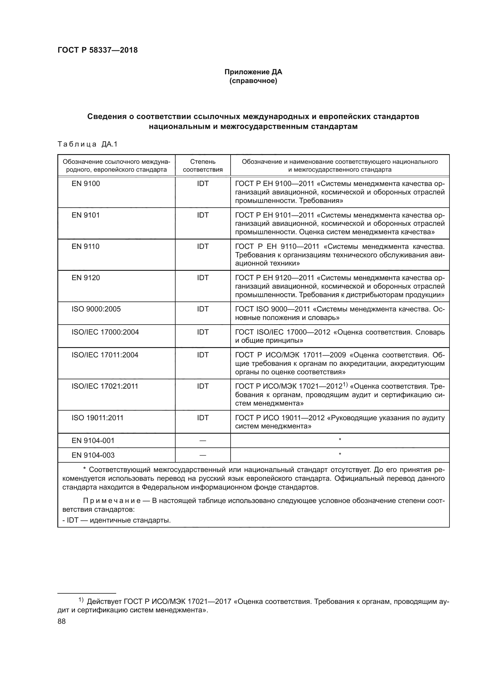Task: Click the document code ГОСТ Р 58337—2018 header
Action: (x=97, y=50)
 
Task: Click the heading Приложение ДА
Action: (x=253, y=72)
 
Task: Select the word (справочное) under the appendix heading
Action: (x=253, y=81)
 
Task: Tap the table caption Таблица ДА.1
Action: (x=87, y=144)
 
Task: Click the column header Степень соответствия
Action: (x=203, y=166)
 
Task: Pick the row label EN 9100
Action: (x=85, y=184)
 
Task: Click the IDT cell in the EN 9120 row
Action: (x=203, y=278)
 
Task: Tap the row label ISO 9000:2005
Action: (x=96, y=309)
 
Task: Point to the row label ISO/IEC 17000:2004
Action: (x=105, y=332)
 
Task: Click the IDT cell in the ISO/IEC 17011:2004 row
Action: (x=203, y=355)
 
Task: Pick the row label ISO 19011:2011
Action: (x=97, y=418)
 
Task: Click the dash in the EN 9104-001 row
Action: (x=203, y=441)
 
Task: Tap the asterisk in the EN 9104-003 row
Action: (x=340, y=454)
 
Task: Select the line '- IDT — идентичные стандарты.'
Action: (x=116, y=521)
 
